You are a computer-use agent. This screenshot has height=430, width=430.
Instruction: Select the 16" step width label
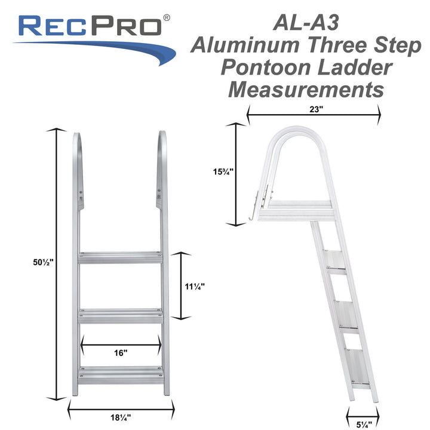[x=121, y=353]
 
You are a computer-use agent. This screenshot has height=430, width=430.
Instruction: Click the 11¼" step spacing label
[x=194, y=286]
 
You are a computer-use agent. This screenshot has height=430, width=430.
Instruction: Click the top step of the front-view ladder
[x=120, y=258]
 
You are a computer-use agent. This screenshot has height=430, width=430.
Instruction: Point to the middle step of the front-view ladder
[x=120, y=315]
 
